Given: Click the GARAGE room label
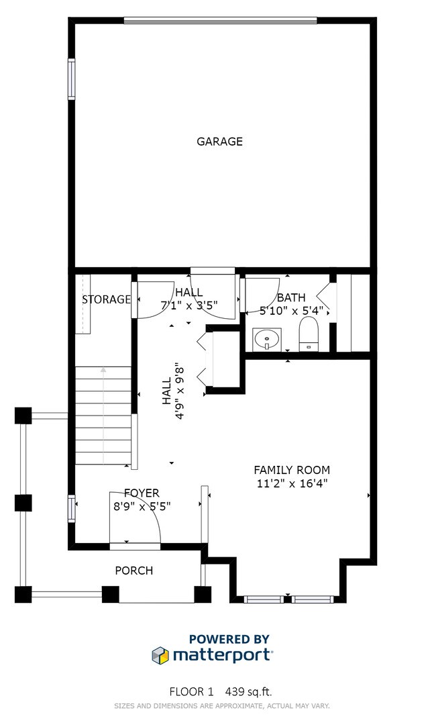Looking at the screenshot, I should [x=219, y=142].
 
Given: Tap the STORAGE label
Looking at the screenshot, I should [x=106, y=299].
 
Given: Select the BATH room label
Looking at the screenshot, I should [x=291, y=297].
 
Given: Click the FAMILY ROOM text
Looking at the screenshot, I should [x=291, y=471].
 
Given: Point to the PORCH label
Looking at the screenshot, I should [x=133, y=571].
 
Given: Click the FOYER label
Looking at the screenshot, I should [x=142, y=493].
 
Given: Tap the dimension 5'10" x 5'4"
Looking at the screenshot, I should [x=291, y=311].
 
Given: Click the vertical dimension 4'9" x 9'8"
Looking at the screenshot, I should [x=172, y=384].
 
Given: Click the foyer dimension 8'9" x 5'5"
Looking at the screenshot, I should [x=142, y=507].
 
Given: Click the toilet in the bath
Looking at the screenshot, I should [x=308, y=334].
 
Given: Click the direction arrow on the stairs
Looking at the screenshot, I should [x=103, y=370].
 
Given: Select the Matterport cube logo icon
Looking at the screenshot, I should [x=160, y=655].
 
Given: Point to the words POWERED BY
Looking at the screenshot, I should [x=229, y=639].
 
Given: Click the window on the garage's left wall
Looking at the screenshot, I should [x=71, y=79].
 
